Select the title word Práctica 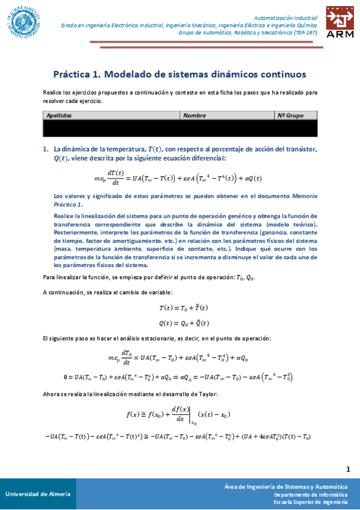click(73, 74)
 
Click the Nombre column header click(195, 115)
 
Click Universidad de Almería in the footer click(37, 494)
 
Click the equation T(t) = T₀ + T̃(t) click(184, 307)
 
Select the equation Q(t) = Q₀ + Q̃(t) click(184, 323)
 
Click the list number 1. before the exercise click(46, 149)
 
